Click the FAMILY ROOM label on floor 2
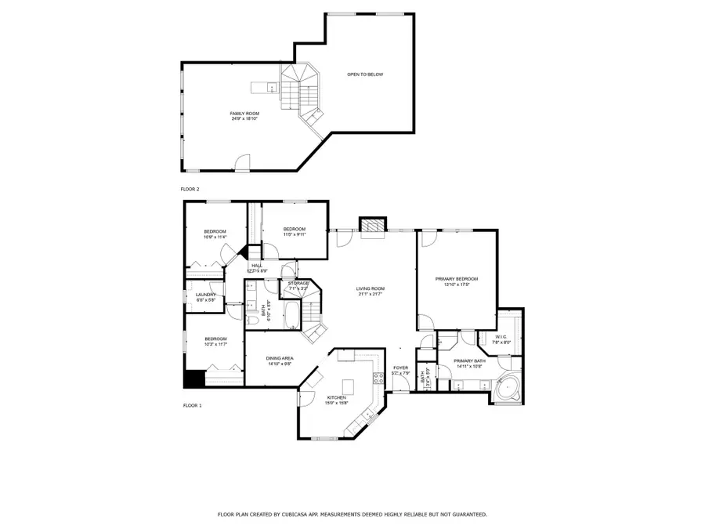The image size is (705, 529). pos(244,114)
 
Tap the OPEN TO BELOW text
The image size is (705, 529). pos(366,74)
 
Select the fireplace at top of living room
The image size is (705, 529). pos(373,224)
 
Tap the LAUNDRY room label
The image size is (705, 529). pos(205,295)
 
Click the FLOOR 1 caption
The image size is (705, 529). pos(192,405)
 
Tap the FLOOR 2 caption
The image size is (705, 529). pos(190,190)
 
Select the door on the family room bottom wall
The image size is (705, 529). pos(244,163)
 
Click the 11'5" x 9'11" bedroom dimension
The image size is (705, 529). pos(294,234)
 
